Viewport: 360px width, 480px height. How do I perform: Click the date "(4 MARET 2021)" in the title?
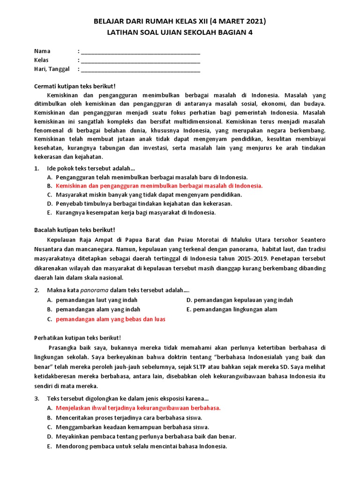(x=238, y=21)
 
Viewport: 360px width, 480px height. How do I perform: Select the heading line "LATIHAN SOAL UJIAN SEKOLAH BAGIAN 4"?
(x=180, y=32)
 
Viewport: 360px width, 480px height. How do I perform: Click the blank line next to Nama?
(x=140, y=52)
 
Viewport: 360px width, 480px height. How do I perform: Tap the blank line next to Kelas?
(x=140, y=60)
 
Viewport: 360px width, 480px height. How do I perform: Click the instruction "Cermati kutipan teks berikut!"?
(x=75, y=87)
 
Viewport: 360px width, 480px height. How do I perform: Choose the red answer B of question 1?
(x=159, y=186)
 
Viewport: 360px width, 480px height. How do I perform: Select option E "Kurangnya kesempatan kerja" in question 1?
(x=135, y=212)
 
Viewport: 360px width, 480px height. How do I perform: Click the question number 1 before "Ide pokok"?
(x=37, y=168)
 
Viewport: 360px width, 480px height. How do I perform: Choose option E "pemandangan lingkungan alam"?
(x=235, y=309)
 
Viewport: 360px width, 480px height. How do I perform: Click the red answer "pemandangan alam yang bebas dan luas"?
(x=111, y=319)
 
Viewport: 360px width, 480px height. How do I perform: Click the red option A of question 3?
(x=138, y=408)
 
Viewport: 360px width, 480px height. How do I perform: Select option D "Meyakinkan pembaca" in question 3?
(x=146, y=436)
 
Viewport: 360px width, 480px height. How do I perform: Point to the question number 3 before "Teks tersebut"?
(x=37, y=398)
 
